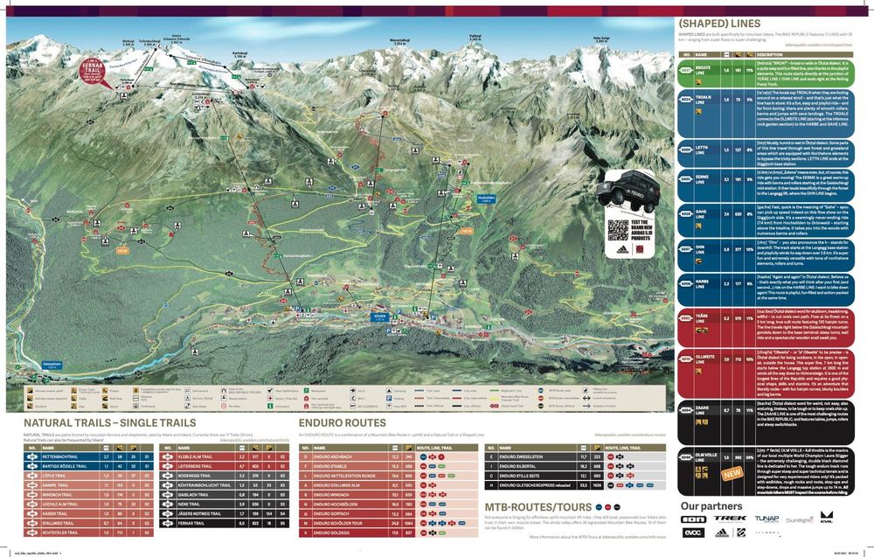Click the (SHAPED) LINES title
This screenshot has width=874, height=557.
725,24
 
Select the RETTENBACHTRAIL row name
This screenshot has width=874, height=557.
67,456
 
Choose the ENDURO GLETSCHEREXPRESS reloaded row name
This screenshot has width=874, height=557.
535,484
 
